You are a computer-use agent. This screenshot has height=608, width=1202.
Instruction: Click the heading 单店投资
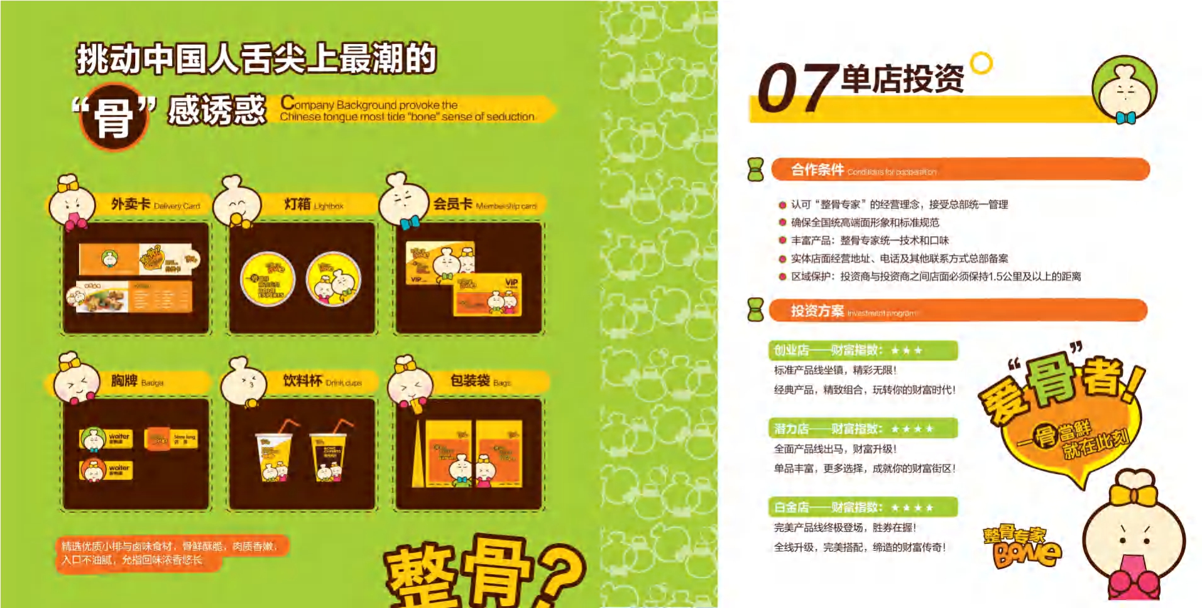(902, 80)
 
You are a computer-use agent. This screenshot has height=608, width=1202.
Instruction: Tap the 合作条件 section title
(817, 170)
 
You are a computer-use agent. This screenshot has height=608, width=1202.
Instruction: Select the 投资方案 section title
(817, 311)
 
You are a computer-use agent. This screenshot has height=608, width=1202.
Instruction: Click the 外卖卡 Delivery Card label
(155, 204)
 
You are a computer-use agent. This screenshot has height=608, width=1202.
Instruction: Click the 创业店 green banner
(862, 350)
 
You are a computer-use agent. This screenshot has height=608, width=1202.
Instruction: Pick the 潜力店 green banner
(862, 429)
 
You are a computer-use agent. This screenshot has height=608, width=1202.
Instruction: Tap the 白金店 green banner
(862, 507)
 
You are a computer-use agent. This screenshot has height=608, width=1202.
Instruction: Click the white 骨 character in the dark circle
(114, 117)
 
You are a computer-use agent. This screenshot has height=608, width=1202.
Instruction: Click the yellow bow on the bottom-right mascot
(1133, 494)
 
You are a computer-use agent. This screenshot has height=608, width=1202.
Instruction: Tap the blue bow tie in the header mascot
(1125, 117)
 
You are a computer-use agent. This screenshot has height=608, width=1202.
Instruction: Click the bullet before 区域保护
(782, 276)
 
